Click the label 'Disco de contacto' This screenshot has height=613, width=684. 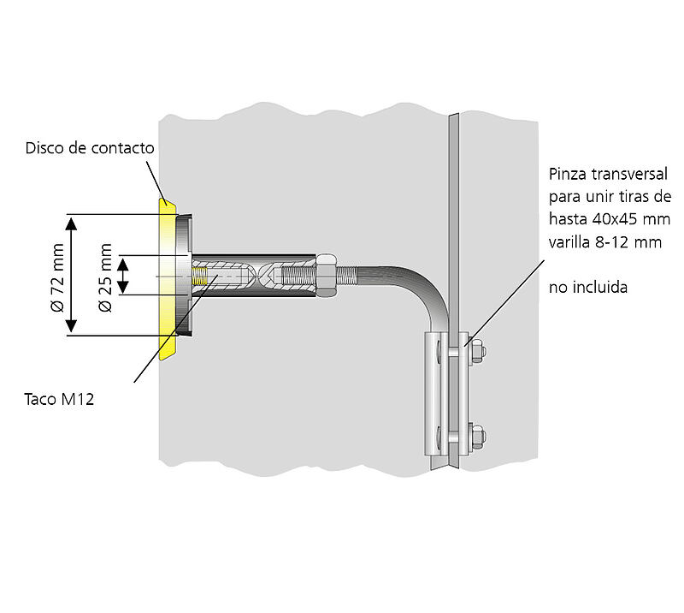(x=90, y=148)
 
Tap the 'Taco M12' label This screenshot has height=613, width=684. (x=59, y=399)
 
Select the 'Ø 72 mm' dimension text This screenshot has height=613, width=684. (x=58, y=278)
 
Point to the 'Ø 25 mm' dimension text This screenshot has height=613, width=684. (x=106, y=278)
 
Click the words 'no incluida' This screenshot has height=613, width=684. (x=588, y=288)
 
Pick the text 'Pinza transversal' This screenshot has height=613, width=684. (x=608, y=175)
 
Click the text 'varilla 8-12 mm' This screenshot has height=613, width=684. (x=605, y=241)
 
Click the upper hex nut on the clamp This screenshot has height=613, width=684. (x=477, y=350)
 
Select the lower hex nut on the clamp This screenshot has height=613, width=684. (x=477, y=437)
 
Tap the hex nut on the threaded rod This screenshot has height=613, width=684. (x=327, y=276)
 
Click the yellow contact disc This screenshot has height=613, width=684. (x=167, y=279)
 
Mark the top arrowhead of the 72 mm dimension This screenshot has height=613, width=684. (x=71, y=223)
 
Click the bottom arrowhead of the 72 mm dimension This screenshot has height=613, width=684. (x=71, y=326)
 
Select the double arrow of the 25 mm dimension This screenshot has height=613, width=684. (x=123, y=276)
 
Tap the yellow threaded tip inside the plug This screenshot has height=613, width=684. (x=199, y=277)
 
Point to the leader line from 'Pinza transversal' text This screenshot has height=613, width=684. (x=504, y=304)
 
